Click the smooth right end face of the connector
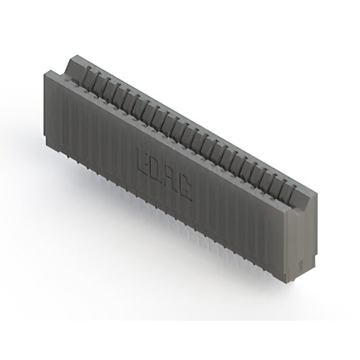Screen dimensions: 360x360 click(301, 242)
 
